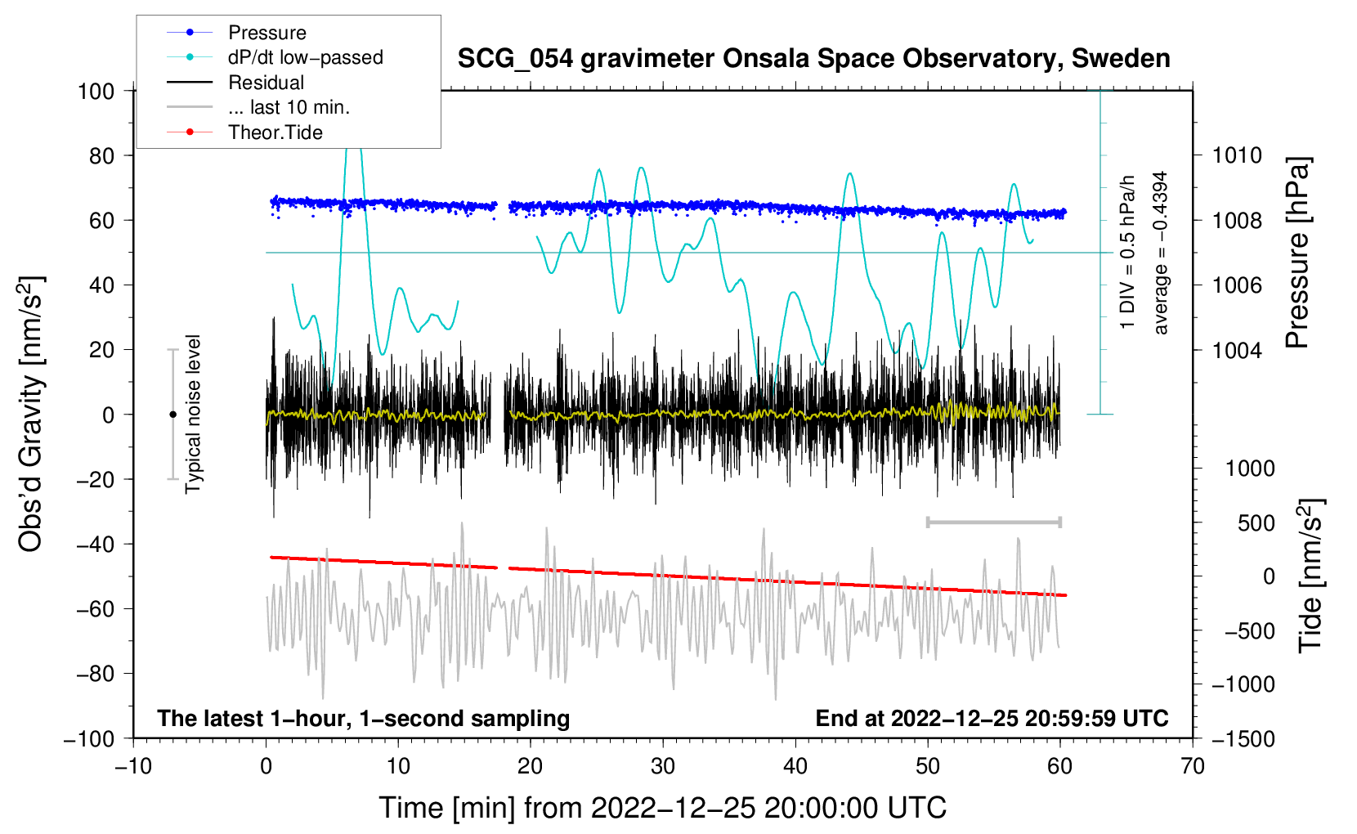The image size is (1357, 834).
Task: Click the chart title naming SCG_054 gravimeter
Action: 813,59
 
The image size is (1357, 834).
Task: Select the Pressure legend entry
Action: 266,33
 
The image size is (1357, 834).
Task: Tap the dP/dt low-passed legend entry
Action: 305,57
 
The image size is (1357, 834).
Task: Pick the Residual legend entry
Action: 266,83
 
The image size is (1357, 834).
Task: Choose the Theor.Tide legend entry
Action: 275,132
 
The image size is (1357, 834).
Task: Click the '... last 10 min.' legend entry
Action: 289,107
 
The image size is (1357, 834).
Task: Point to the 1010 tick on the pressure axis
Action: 1237,155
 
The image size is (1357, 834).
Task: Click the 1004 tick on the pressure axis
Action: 1237,350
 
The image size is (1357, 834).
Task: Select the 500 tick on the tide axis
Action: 1256,522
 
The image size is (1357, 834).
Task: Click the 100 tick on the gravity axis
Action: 96,91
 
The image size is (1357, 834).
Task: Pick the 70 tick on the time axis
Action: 1193,766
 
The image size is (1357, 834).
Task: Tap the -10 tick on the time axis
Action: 133,766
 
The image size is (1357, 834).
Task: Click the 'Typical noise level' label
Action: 193,414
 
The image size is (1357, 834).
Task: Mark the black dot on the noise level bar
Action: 172,415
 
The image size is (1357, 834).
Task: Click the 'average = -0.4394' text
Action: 1161,253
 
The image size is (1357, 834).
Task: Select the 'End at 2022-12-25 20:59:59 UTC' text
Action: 992,718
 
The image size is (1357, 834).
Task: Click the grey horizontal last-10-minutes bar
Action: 993,522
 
